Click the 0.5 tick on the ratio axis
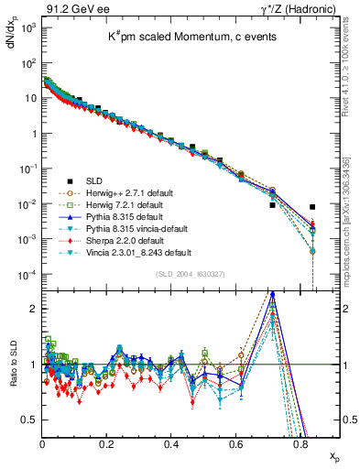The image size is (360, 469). [x=30, y=420]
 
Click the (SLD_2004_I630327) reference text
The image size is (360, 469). [x=189, y=272]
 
